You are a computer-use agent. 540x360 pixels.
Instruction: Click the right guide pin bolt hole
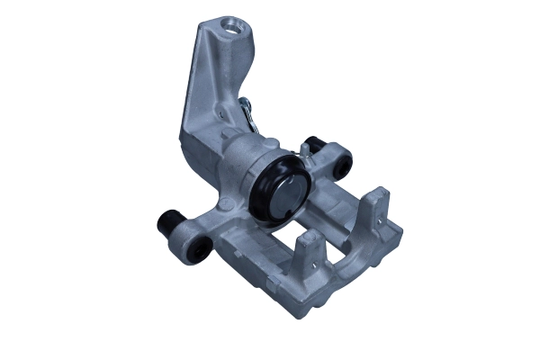tap(344, 166)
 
